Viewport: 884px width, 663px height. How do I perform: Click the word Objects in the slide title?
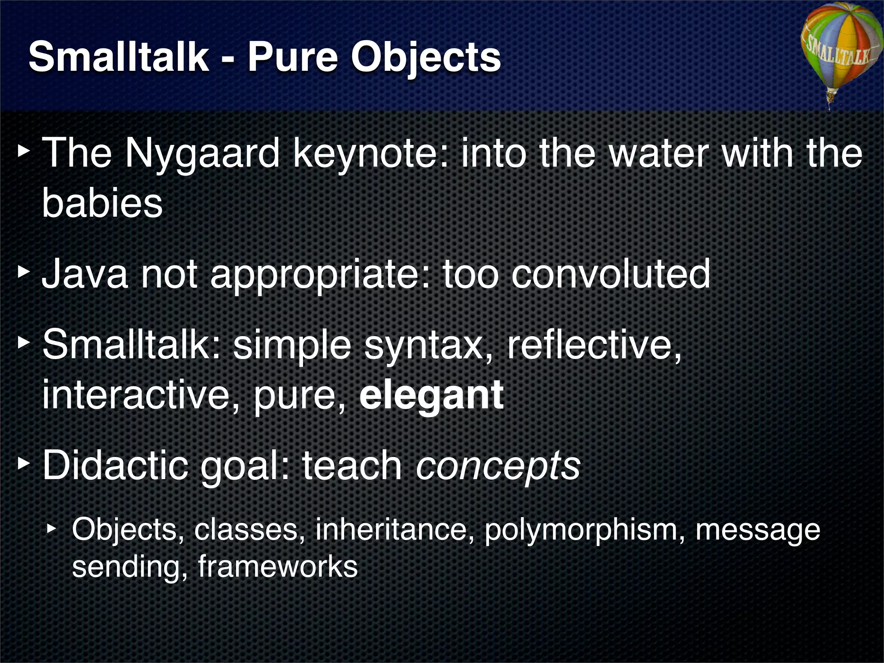coord(425,58)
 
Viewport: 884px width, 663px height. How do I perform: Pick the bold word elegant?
coord(432,395)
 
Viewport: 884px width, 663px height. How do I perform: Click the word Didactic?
coord(116,465)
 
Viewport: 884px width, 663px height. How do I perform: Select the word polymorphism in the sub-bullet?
coord(584,530)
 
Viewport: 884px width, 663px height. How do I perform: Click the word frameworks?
coord(278,567)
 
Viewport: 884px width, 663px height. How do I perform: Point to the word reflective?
coord(594,345)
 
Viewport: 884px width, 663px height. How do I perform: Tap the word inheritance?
coord(391,530)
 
